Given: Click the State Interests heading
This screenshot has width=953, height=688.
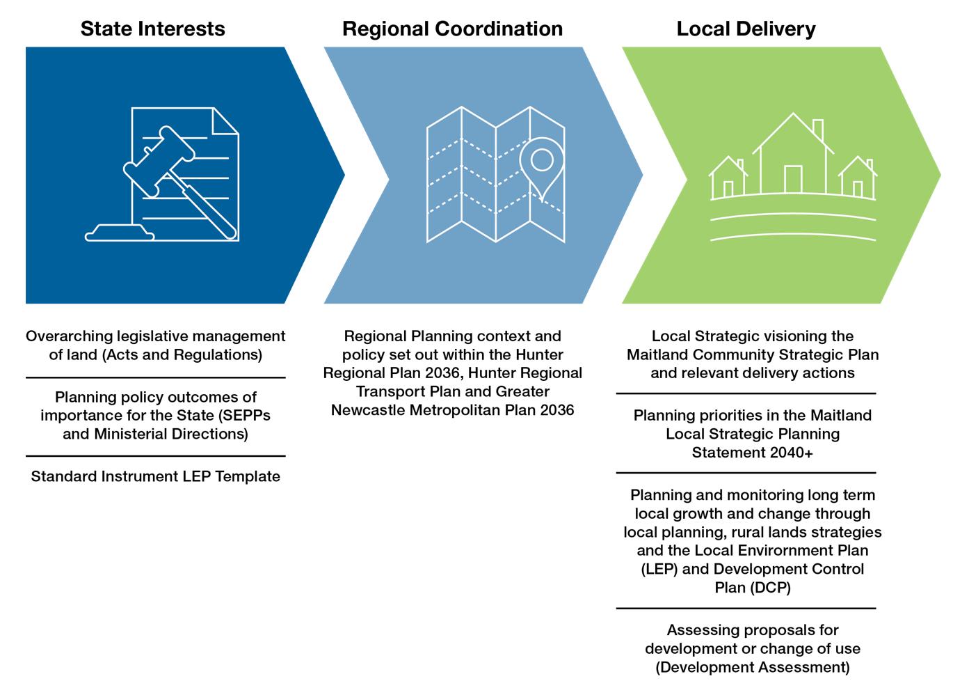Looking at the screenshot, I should click(152, 29).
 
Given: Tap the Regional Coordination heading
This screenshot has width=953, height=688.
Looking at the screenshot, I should click(452, 29).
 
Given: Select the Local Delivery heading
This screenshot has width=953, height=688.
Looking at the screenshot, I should click(746, 29).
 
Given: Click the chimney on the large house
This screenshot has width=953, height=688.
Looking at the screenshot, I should click(818, 130).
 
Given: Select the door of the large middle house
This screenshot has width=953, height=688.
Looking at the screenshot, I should click(793, 180).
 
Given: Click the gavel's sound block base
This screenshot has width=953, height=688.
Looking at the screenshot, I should click(120, 233).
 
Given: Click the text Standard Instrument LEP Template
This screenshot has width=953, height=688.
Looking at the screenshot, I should click(156, 476).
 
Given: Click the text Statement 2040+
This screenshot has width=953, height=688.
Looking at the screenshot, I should click(752, 452).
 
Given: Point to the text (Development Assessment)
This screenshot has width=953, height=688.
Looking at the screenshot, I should click(752, 667).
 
